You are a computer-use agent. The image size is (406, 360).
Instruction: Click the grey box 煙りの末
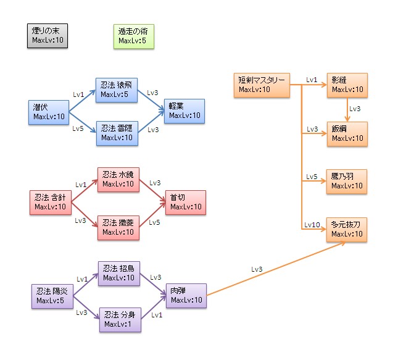pyautogui.click(x=48, y=36)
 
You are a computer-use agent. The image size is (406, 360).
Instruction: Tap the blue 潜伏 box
pyautogui.click(x=49, y=112)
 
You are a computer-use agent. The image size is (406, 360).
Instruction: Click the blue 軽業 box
pyautogui.click(x=184, y=111)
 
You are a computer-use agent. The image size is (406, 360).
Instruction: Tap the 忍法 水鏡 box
pyautogui.click(x=118, y=179)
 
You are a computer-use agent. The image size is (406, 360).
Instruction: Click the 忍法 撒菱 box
pyautogui.click(x=118, y=227)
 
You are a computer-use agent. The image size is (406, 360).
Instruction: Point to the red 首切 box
pyautogui.click(x=184, y=202)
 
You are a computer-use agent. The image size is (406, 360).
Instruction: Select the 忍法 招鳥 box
pyautogui.click(x=119, y=272)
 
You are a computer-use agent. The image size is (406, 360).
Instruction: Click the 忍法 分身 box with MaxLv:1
pyautogui.click(x=119, y=319)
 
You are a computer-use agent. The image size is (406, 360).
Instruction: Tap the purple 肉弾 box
pyautogui.click(x=185, y=295)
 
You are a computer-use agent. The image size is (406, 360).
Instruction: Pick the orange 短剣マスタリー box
pyautogui.click(x=261, y=85)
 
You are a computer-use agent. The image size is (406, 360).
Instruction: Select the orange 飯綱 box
pyautogui.click(x=347, y=133)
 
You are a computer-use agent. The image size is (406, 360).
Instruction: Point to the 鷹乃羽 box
pyautogui.click(x=347, y=181)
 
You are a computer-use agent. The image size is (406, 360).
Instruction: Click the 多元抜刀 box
pyautogui.click(x=347, y=230)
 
